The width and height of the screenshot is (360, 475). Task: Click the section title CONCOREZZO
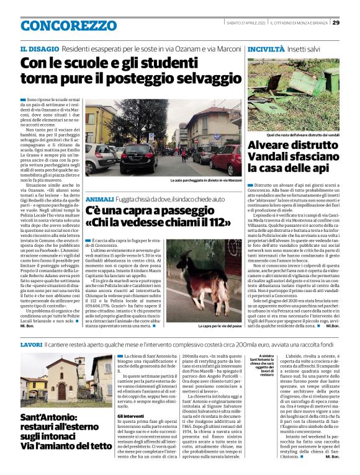pos(60,26)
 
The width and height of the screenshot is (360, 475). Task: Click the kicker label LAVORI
pos(31,344)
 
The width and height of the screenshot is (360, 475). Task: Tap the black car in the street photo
pos(141,157)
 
